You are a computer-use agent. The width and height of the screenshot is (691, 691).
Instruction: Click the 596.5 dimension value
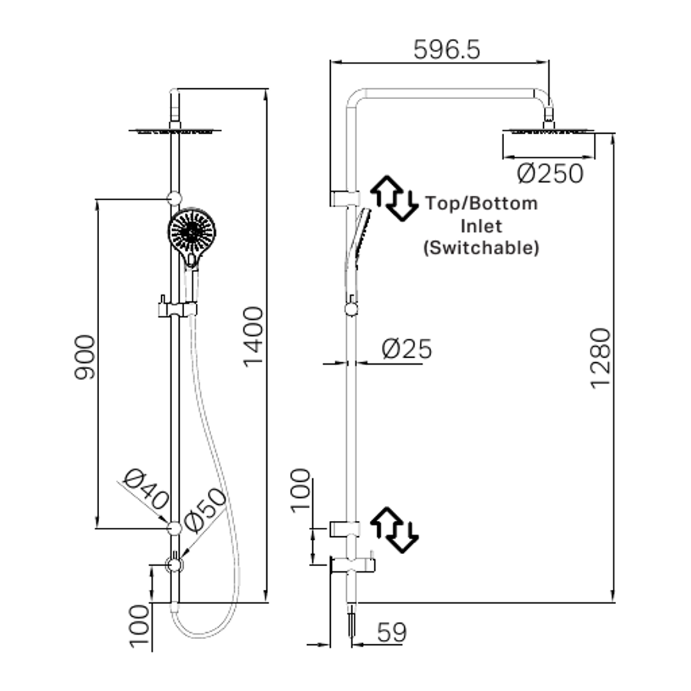pos(446,49)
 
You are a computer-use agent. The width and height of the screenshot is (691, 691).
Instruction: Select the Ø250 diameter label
pos(550,173)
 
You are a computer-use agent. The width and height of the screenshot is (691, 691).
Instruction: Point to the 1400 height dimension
pos(253,336)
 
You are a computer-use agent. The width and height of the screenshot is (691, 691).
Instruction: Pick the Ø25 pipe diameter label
pos(407,349)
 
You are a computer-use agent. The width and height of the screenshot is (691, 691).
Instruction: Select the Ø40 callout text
pos(147,490)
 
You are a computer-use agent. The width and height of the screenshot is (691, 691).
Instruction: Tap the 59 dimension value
pos(392,633)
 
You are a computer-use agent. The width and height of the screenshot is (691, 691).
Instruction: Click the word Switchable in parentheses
pos(481,248)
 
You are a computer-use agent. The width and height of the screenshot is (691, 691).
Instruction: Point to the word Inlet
pos(482,226)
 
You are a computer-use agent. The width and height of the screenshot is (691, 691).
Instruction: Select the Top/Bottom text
pos(482,204)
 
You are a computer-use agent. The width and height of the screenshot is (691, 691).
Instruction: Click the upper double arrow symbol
pos(394,198)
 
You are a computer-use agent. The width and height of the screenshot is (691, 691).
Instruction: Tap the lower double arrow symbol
pos(394,530)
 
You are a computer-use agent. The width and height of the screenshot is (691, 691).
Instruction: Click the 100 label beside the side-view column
pos(301,491)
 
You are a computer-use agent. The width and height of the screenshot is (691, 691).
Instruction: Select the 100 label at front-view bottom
pos(139,626)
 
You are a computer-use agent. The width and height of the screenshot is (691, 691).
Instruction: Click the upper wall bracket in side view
pos(345,198)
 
